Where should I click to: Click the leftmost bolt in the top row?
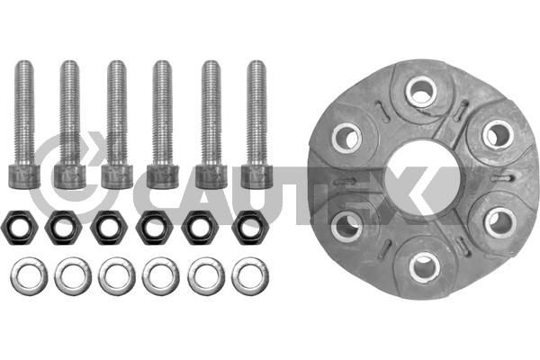pyautogui.click(x=23, y=124)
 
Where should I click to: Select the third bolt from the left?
pyautogui.click(x=116, y=124)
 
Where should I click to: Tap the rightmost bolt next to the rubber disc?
pyautogui.click(x=256, y=124)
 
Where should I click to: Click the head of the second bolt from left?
pyautogui.click(x=70, y=176)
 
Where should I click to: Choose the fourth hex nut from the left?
pyautogui.click(x=154, y=227)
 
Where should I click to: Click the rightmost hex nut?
pyautogui.click(x=249, y=227)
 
